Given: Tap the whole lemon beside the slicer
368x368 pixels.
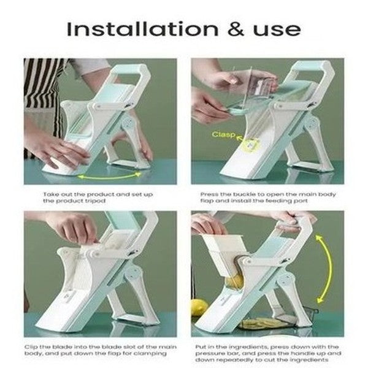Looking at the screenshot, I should point(199,307).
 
